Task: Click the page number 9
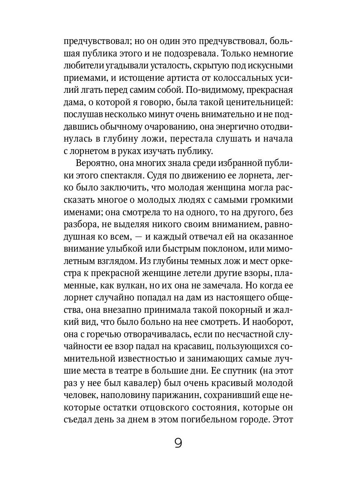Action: [178, 443]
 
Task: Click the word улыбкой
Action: [123, 249]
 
